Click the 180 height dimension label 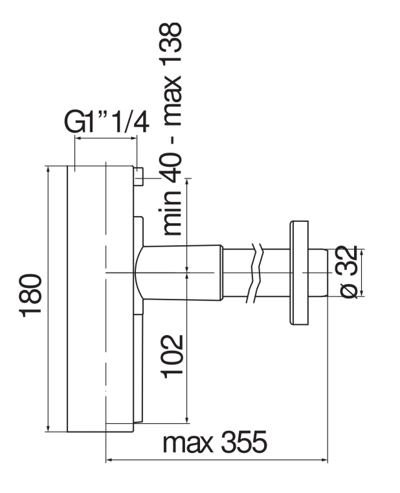tap(31, 296)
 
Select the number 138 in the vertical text tap(172, 44)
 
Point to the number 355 tap(244, 441)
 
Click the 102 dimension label tap(172, 356)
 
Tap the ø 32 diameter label tap(349, 272)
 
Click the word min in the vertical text tap(172, 212)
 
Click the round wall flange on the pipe tap(299, 272)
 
